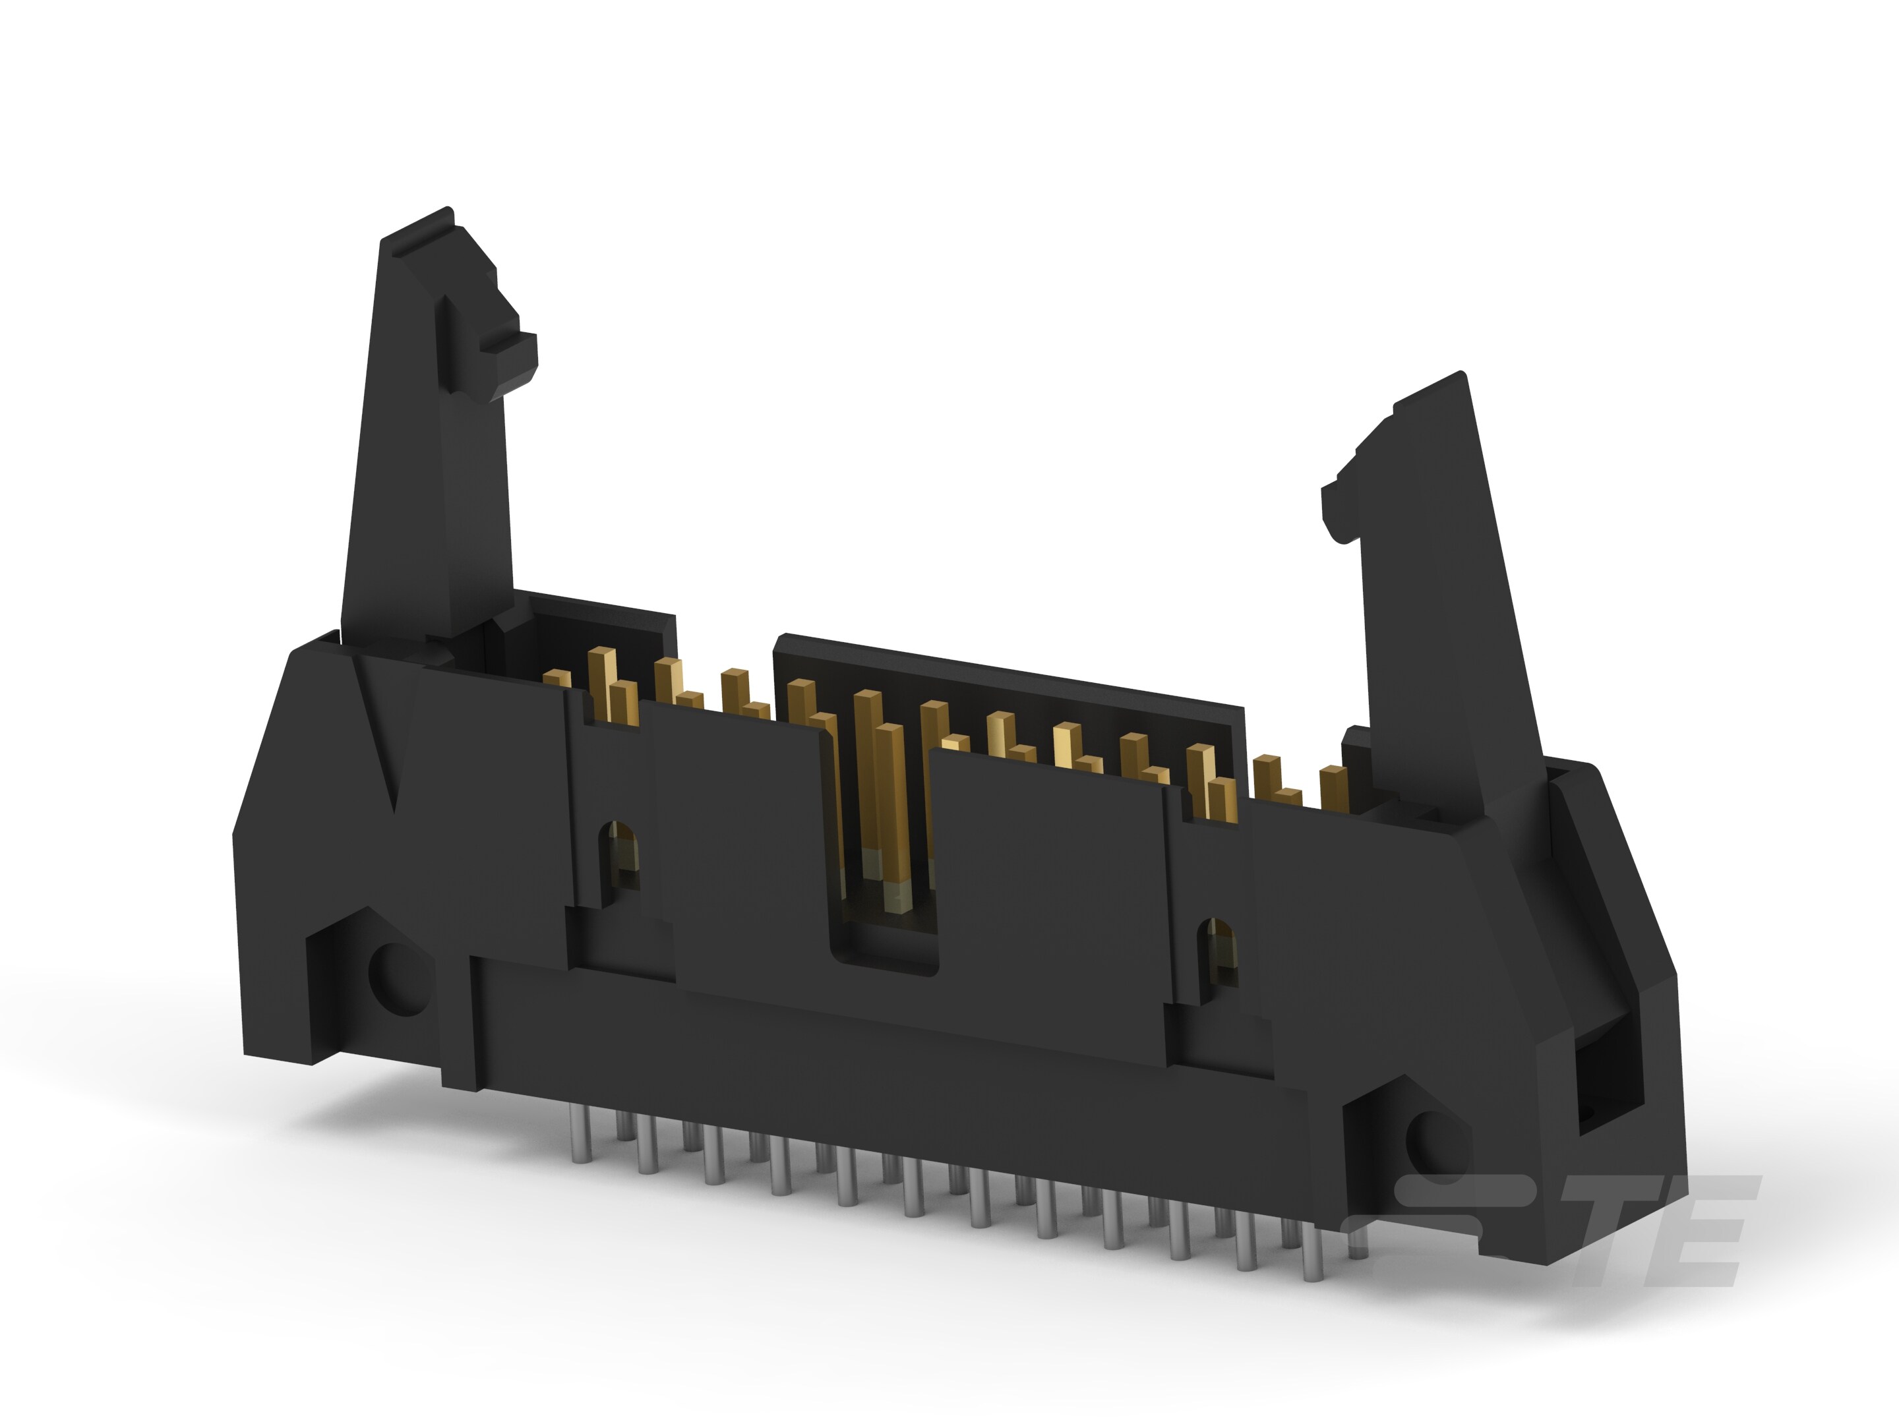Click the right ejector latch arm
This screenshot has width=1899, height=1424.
(1451, 601)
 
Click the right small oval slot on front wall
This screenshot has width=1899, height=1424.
(1219, 949)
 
